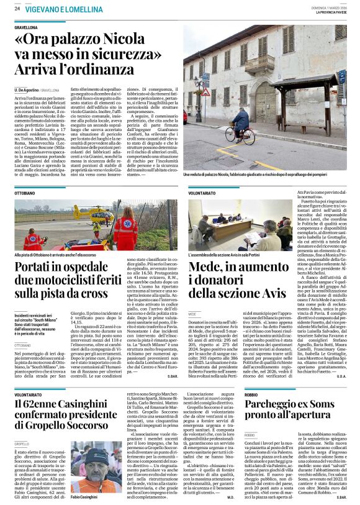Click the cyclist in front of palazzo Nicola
240,122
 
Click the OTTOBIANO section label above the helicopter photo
25,193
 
